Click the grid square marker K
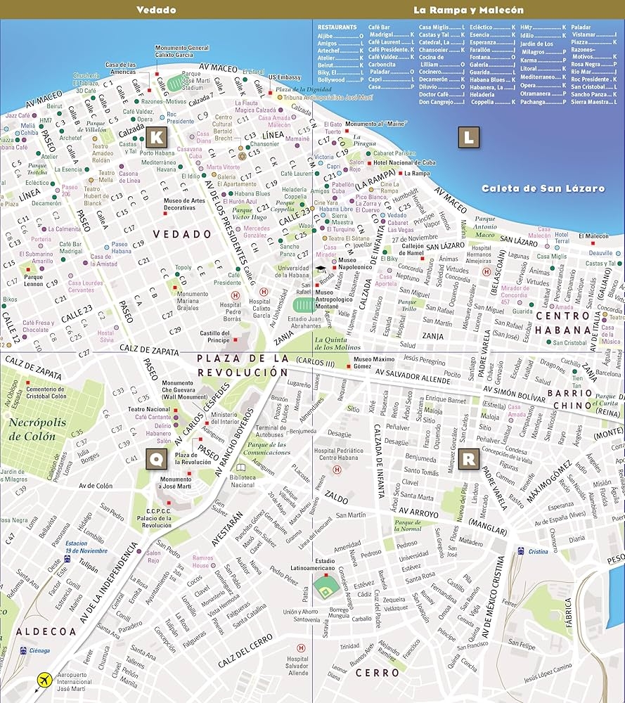(x=157, y=136)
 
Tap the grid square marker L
(x=468, y=136)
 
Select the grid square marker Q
(x=156, y=460)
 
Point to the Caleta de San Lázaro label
(x=543, y=188)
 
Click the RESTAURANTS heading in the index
(x=337, y=27)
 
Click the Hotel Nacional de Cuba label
(x=404, y=162)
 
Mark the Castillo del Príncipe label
(x=215, y=336)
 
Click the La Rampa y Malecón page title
(x=468, y=10)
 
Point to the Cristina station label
(x=538, y=552)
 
